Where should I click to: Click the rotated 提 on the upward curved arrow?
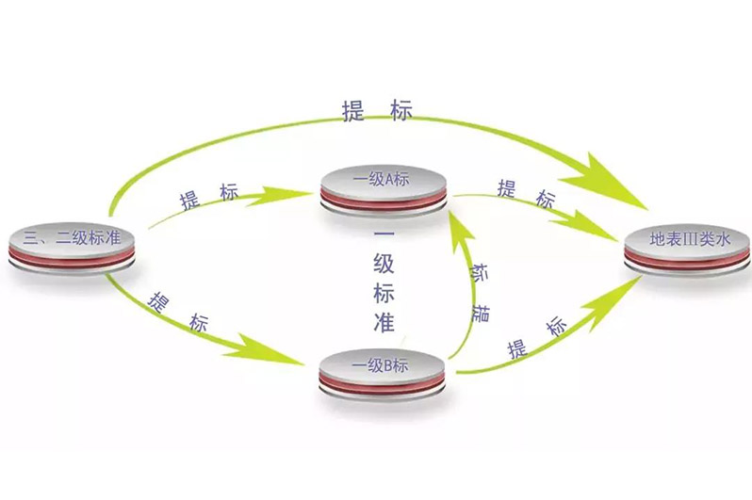481,312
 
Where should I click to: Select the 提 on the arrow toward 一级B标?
158,302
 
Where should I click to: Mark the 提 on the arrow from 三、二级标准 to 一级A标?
189,199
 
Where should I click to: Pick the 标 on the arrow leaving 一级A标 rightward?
544,198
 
